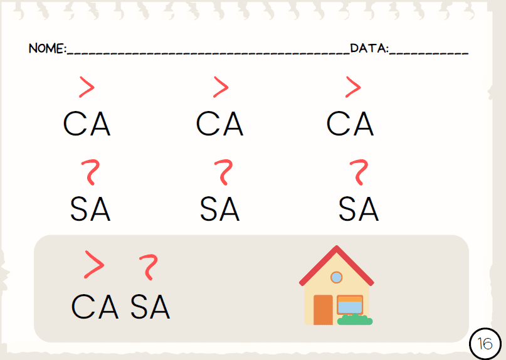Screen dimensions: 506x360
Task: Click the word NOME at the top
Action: coord(46,48)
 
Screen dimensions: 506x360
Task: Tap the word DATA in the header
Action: coord(368,48)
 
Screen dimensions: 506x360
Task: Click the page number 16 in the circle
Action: coord(485,344)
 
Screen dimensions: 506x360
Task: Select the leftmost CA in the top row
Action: coord(87,124)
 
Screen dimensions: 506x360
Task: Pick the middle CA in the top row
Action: coord(219,124)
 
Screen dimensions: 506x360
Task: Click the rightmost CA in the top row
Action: coord(350,124)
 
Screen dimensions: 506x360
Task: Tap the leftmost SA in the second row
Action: coord(90,209)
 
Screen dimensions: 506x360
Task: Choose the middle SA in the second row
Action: coord(219,209)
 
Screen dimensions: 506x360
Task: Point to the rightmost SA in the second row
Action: coord(359,209)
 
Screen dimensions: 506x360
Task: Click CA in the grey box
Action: coord(95,307)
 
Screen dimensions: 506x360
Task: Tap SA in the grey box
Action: coord(150,307)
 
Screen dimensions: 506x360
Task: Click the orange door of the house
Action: coord(323,310)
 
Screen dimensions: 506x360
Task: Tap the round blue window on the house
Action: coord(336,277)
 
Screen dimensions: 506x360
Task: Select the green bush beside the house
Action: coord(355,319)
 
